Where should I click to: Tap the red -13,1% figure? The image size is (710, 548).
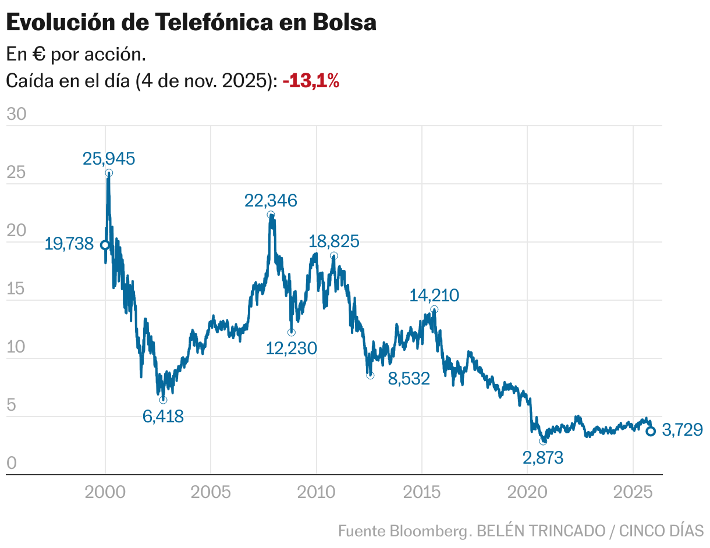pos(311,81)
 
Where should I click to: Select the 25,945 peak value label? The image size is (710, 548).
pos(109,158)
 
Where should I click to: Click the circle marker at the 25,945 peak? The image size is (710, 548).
pos(109,173)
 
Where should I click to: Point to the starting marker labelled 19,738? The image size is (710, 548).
pos(105,245)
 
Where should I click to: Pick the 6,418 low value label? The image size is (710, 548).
pos(163,416)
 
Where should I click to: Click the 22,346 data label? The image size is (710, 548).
pos(271,201)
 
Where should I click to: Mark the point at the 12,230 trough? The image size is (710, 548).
pos(291,332)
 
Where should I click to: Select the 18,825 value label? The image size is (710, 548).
pos(334,241)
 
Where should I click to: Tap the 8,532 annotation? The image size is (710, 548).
pos(409,379)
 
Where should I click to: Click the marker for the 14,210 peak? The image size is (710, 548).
pos(434,309)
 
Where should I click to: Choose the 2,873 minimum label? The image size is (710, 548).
pos(543,458)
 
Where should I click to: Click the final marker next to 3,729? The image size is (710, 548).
pos(651,431)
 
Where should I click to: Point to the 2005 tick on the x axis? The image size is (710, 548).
pos(211,492)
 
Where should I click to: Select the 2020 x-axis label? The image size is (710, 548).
pos(527,492)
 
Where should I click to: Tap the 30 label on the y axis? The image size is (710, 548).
pos(16,115)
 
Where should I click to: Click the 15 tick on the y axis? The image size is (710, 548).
pos(16,289)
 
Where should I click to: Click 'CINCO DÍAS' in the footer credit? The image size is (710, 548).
pos(661,531)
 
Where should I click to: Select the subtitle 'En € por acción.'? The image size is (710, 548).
pos(76,55)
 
